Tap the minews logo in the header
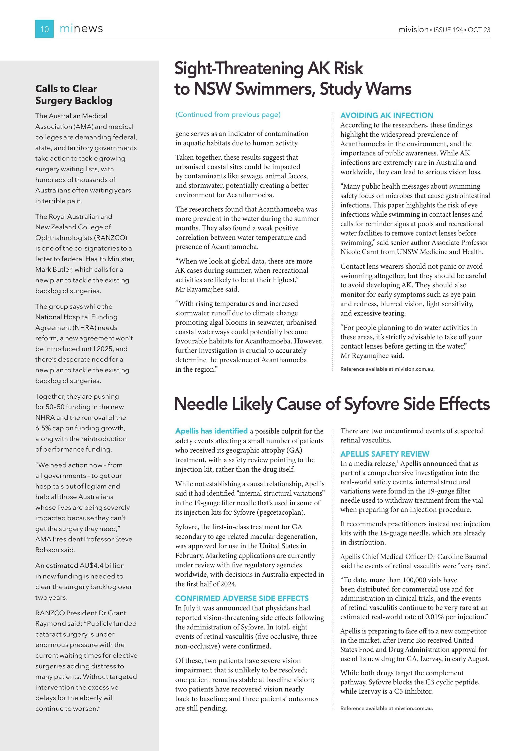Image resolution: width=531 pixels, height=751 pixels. click(81, 29)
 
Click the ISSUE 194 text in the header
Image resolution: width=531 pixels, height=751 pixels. click(448, 30)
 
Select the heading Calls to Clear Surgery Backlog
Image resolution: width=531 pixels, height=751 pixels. click(74, 95)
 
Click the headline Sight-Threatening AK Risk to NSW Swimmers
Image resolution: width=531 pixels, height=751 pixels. click(293, 79)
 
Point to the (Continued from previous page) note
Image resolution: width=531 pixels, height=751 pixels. click(228, 114)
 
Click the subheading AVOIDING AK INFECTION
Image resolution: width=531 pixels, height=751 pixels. click(387, 116)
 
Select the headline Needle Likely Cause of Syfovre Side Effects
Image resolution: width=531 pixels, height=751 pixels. click(332, 404)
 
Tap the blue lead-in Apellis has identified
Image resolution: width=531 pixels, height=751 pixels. click(211, 431)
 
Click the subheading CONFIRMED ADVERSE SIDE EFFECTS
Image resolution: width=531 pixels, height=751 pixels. click(242, 598)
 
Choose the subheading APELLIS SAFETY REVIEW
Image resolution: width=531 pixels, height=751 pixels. click(385, 454)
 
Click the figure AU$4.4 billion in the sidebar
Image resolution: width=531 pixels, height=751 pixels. click(102, 566)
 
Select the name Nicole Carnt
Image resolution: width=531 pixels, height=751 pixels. click(360, 252)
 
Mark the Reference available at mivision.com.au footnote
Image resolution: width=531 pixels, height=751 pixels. click(387, 369)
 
